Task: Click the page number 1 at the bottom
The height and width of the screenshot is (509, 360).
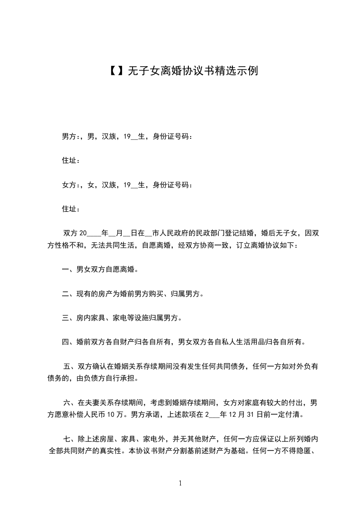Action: tap(180, 483)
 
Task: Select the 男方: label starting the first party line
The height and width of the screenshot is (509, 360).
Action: tap(70, 136)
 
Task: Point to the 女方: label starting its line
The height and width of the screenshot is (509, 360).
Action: tap(70, 185)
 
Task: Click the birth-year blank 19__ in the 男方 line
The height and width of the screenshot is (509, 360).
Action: tap(130, 136)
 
